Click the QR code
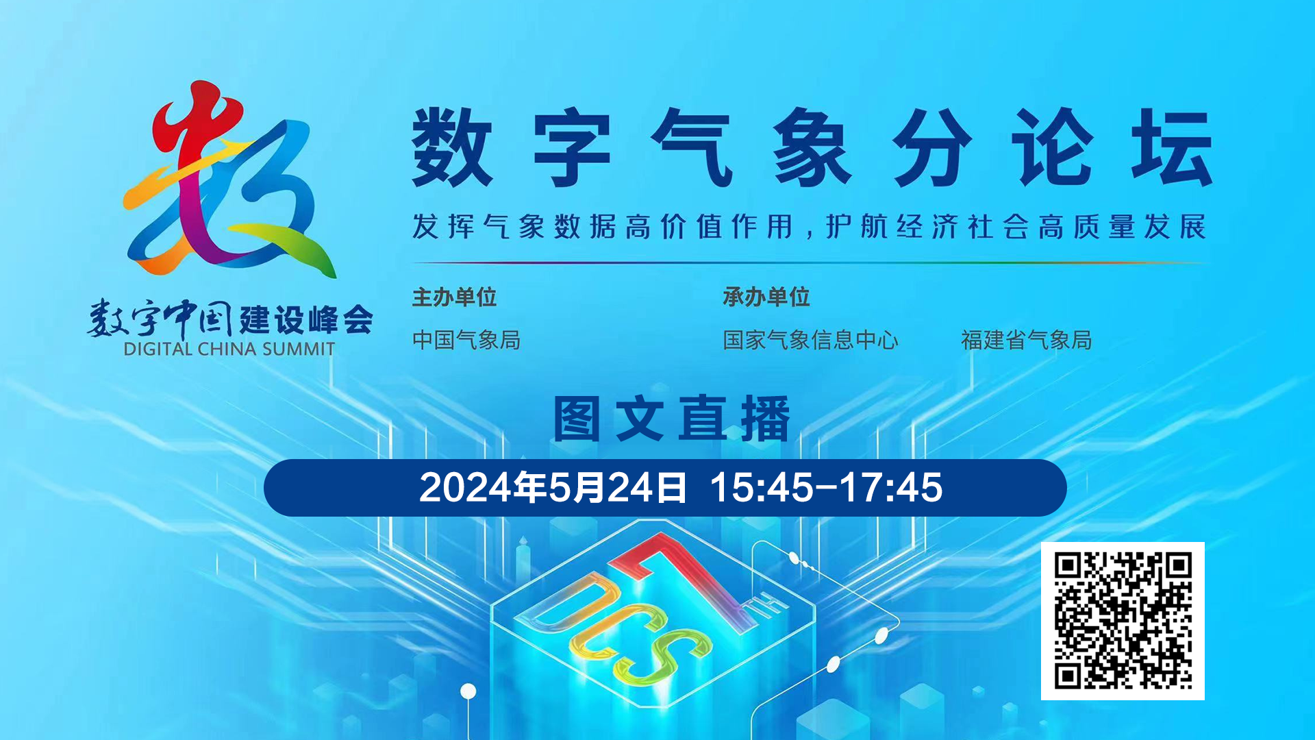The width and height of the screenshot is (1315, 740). click(1123, 621)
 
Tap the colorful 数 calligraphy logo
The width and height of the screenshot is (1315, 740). click(229, 180)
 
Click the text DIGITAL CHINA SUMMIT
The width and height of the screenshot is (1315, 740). click(229, 349)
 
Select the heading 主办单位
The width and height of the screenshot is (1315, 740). click(454, 297)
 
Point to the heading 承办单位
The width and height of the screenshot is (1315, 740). click(766, 297)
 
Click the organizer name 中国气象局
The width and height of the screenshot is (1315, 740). click(466, 340)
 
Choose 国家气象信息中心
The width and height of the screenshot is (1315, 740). click(810, 340)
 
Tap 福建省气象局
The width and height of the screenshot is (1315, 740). click(1026, 340)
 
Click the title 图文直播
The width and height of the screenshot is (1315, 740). click(671, 419)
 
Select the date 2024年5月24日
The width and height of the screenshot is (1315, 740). click(552, 488)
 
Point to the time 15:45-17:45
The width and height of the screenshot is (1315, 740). click(826, 488)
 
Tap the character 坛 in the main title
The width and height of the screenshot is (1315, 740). click(1171, 147)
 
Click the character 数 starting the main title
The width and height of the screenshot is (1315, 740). click(452, 147)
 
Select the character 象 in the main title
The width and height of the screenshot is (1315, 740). click(812, 147)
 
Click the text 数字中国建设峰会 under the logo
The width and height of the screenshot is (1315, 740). click(229, 319)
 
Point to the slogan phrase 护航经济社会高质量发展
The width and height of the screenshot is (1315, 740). click(1016, 227)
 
